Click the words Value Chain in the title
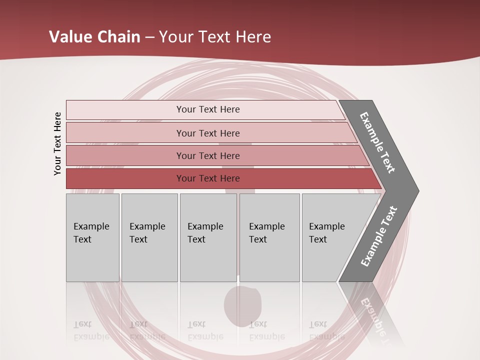click(x=94, y=37)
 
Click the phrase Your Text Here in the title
click(x=215, y=37)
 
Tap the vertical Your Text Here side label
click(x=57, y=143)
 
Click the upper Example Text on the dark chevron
click(x=377, y=142)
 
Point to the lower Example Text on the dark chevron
click(x=379, y=236)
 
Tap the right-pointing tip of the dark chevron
click(x=414, y=190)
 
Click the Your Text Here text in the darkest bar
click(x=208, y=178)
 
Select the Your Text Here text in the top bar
click(x=208, y=109)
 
